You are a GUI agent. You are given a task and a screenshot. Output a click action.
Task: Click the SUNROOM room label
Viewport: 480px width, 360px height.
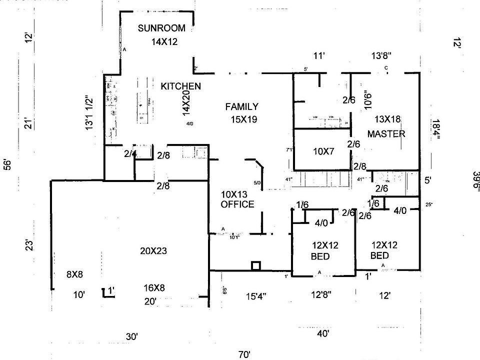click(x=161, y=28)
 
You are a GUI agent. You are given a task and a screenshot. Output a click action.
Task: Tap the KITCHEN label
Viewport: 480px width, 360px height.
click(x=180, y=86)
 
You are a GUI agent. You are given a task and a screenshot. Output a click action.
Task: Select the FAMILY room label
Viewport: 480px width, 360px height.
click(x=241, y=106)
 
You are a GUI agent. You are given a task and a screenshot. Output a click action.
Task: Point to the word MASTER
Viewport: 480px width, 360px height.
click(x=386, y=134)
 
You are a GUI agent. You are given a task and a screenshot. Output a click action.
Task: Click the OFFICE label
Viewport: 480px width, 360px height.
click(x=237, y=204)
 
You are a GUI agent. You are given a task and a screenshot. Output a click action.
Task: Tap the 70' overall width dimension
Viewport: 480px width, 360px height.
click(x=244, y=354)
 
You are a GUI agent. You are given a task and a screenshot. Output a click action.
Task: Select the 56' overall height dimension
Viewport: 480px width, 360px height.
click(x=6, y=165)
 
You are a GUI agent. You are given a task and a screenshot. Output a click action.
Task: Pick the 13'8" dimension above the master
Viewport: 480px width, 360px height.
click(x=381, y=56)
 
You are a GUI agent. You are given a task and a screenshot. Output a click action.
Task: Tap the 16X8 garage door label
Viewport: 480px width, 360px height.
click(x=154, y=288)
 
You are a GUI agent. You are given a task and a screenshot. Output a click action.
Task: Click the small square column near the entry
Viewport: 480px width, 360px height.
click(x=255, y=265)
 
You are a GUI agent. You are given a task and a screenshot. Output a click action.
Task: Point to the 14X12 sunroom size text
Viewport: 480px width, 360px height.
click(x=164, y=42)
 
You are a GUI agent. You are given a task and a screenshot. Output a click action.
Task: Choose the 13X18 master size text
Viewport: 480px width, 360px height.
click(x=388, y=119)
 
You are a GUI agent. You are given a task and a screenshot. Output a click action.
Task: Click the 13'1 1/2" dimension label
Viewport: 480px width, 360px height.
click(x=89, y=113)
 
